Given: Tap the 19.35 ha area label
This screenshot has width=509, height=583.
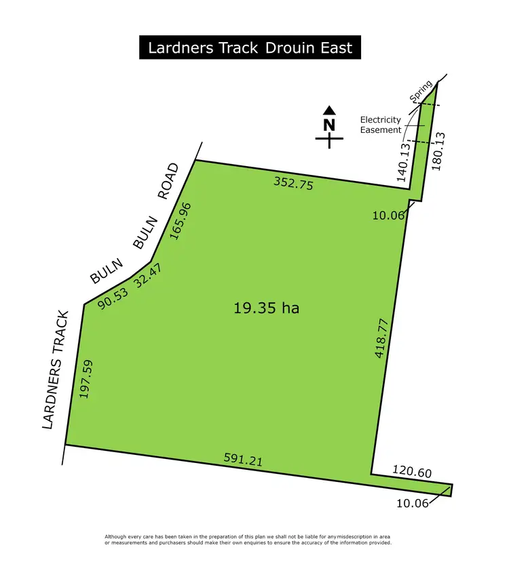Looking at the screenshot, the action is (x=266, y=308).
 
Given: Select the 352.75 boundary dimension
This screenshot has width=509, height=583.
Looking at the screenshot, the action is (x=293, y=182).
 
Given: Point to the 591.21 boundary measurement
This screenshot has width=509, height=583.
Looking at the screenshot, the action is (x=243, y=460).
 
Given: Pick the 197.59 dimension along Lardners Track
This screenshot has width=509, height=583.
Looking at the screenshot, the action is (x=86, y=378).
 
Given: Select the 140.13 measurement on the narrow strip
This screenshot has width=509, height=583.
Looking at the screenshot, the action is (x=405, y=162).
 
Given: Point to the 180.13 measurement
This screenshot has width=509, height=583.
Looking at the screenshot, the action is (x=438, y=151).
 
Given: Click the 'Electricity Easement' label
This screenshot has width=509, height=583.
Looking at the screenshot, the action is (x=380, y=125).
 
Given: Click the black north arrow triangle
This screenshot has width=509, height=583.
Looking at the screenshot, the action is (x=329, y=110).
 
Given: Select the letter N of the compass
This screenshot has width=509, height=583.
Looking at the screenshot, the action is (x=329, y=125).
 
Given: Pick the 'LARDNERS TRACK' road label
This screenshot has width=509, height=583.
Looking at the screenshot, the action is (x=56, y=369).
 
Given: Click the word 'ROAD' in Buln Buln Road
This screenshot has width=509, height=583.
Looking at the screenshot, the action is (x=168, y=181).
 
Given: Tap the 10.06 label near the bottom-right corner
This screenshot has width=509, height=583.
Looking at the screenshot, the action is (x=413, y=503).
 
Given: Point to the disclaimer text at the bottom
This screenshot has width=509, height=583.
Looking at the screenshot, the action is (x=248, y=540).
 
